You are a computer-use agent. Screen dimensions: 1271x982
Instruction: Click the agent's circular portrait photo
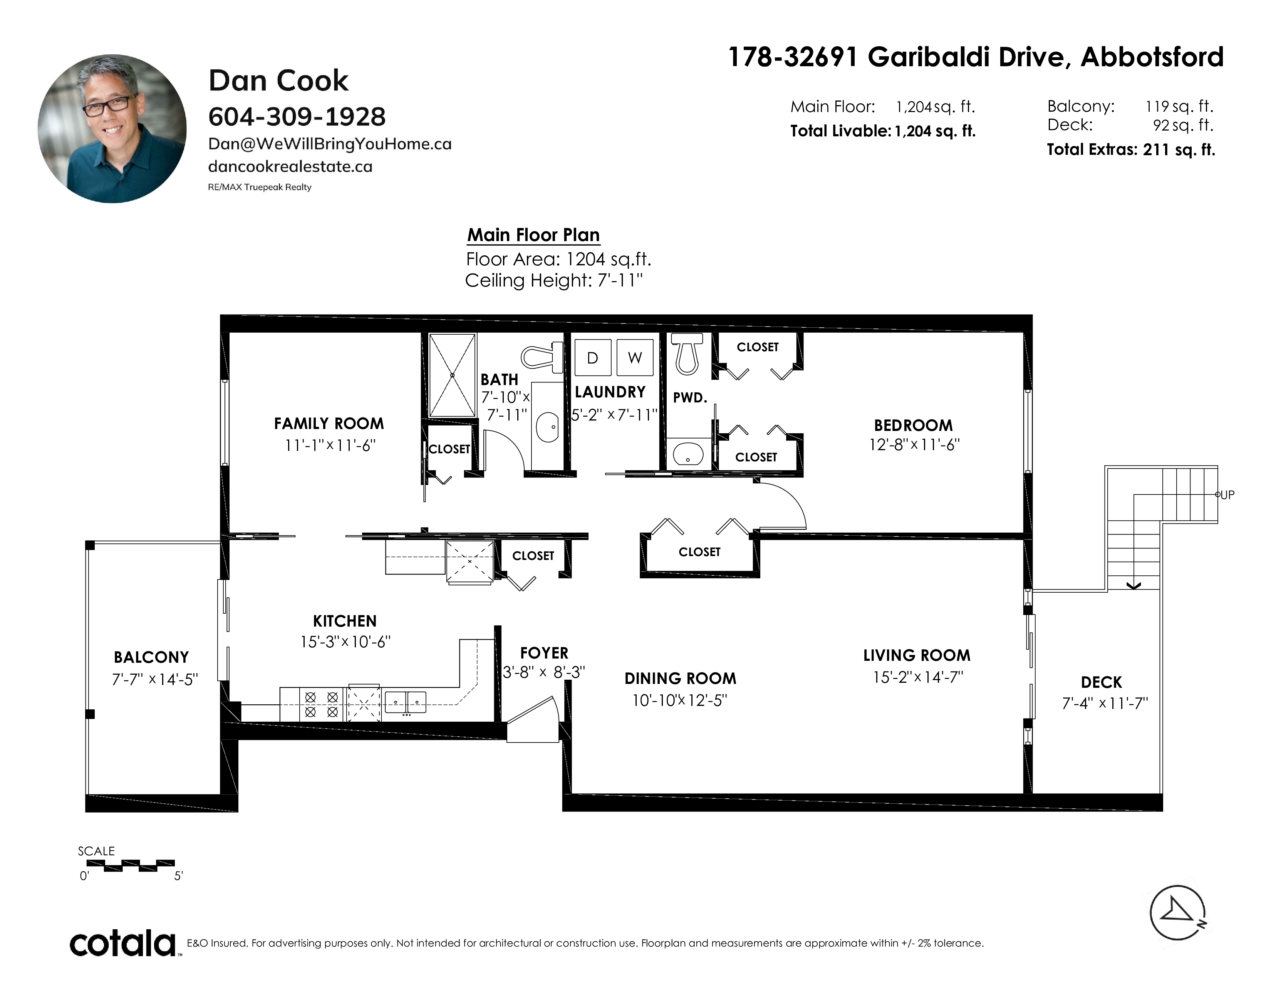[112, 129]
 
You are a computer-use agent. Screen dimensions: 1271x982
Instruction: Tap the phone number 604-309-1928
[297, 117]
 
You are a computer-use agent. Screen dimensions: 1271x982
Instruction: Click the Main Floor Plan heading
[533, 235]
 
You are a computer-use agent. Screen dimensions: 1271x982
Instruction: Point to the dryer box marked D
[592, 357]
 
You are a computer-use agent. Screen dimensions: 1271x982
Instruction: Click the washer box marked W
[635, 357]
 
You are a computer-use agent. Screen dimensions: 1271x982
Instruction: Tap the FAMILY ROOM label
[329, 424]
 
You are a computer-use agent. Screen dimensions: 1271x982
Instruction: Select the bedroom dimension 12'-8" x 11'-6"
[914, 444]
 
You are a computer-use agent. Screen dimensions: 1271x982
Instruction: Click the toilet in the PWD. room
[687, 352]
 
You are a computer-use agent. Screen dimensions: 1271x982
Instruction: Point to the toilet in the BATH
[542, 356]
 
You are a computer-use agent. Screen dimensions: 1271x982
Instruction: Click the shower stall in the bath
[452, 375]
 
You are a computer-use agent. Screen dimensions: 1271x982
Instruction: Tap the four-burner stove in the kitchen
[322, 704]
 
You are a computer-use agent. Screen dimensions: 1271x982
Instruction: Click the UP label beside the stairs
[1227, 495]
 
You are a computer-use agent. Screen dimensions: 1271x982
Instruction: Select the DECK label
[1101, 682]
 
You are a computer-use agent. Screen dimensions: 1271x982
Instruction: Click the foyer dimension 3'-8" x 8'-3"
[543, 672]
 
